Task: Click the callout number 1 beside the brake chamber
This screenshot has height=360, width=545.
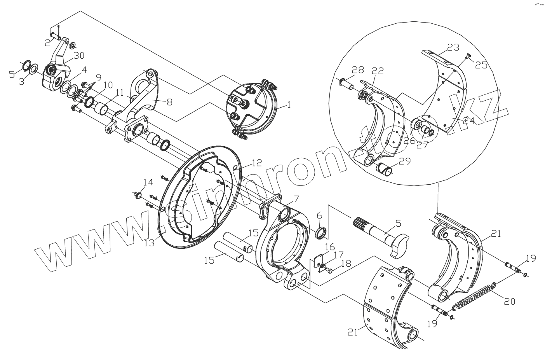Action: point(289,105)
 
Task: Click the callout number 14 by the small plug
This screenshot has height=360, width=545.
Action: point(148,182)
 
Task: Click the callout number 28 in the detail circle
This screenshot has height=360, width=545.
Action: point(358,70)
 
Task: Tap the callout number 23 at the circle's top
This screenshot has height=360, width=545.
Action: point(453,48)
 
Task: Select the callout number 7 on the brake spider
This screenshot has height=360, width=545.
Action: point(296,199)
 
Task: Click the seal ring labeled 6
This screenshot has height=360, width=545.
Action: point(320,233)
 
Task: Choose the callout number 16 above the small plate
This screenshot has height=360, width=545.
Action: point(330,247)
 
